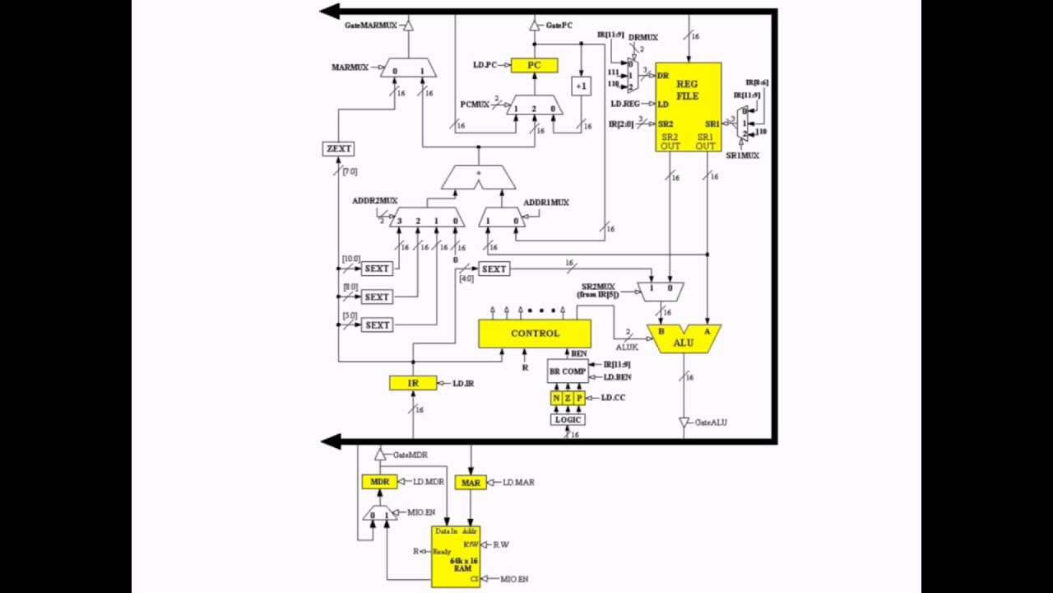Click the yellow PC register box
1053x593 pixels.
[534, 65]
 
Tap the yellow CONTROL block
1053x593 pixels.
[534, 334]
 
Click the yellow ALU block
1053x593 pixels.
[684, 339]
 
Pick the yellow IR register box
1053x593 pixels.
[413, 383]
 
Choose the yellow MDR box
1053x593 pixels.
[379, 482]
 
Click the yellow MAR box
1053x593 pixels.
[471, 483]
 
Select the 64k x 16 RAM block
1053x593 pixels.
[456, 557]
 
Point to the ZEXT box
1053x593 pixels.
[338, 149]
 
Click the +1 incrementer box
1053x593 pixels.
[581, 86]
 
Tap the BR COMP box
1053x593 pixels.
[568, 371]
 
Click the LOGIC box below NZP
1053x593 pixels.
[568, 419]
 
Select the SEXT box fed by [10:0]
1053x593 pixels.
[377, 268]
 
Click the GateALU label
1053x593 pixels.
[711, 423]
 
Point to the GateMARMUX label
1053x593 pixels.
[370, 26]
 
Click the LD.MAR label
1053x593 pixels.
[518, 483]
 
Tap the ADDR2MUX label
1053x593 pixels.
[374, 201]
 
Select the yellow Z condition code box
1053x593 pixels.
[568, 399]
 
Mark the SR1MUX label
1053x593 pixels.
[742, 155]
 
